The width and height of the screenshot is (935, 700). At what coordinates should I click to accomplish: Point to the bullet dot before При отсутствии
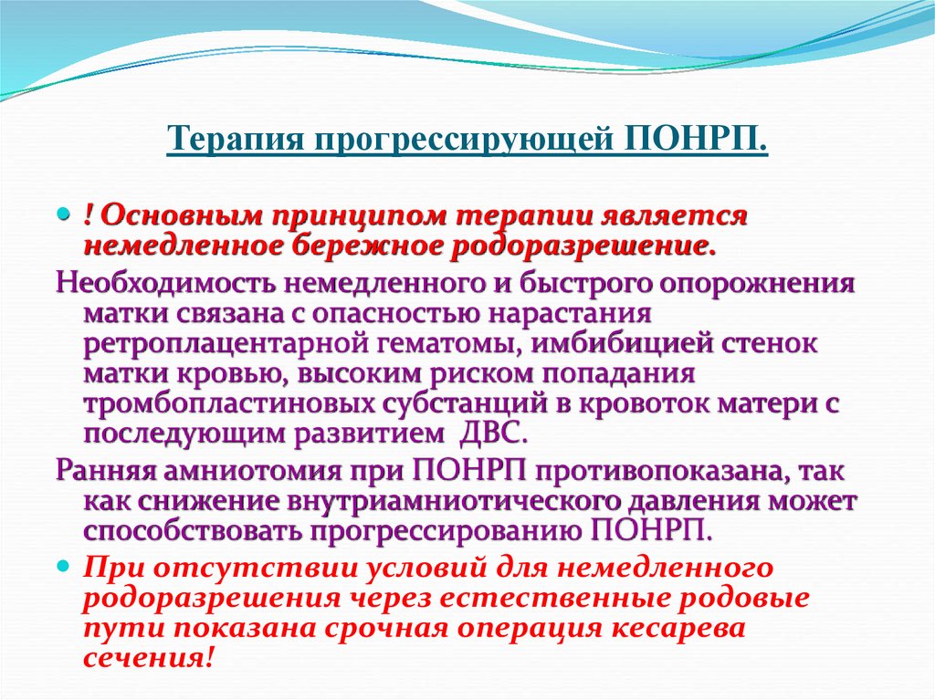coord(64,567)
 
